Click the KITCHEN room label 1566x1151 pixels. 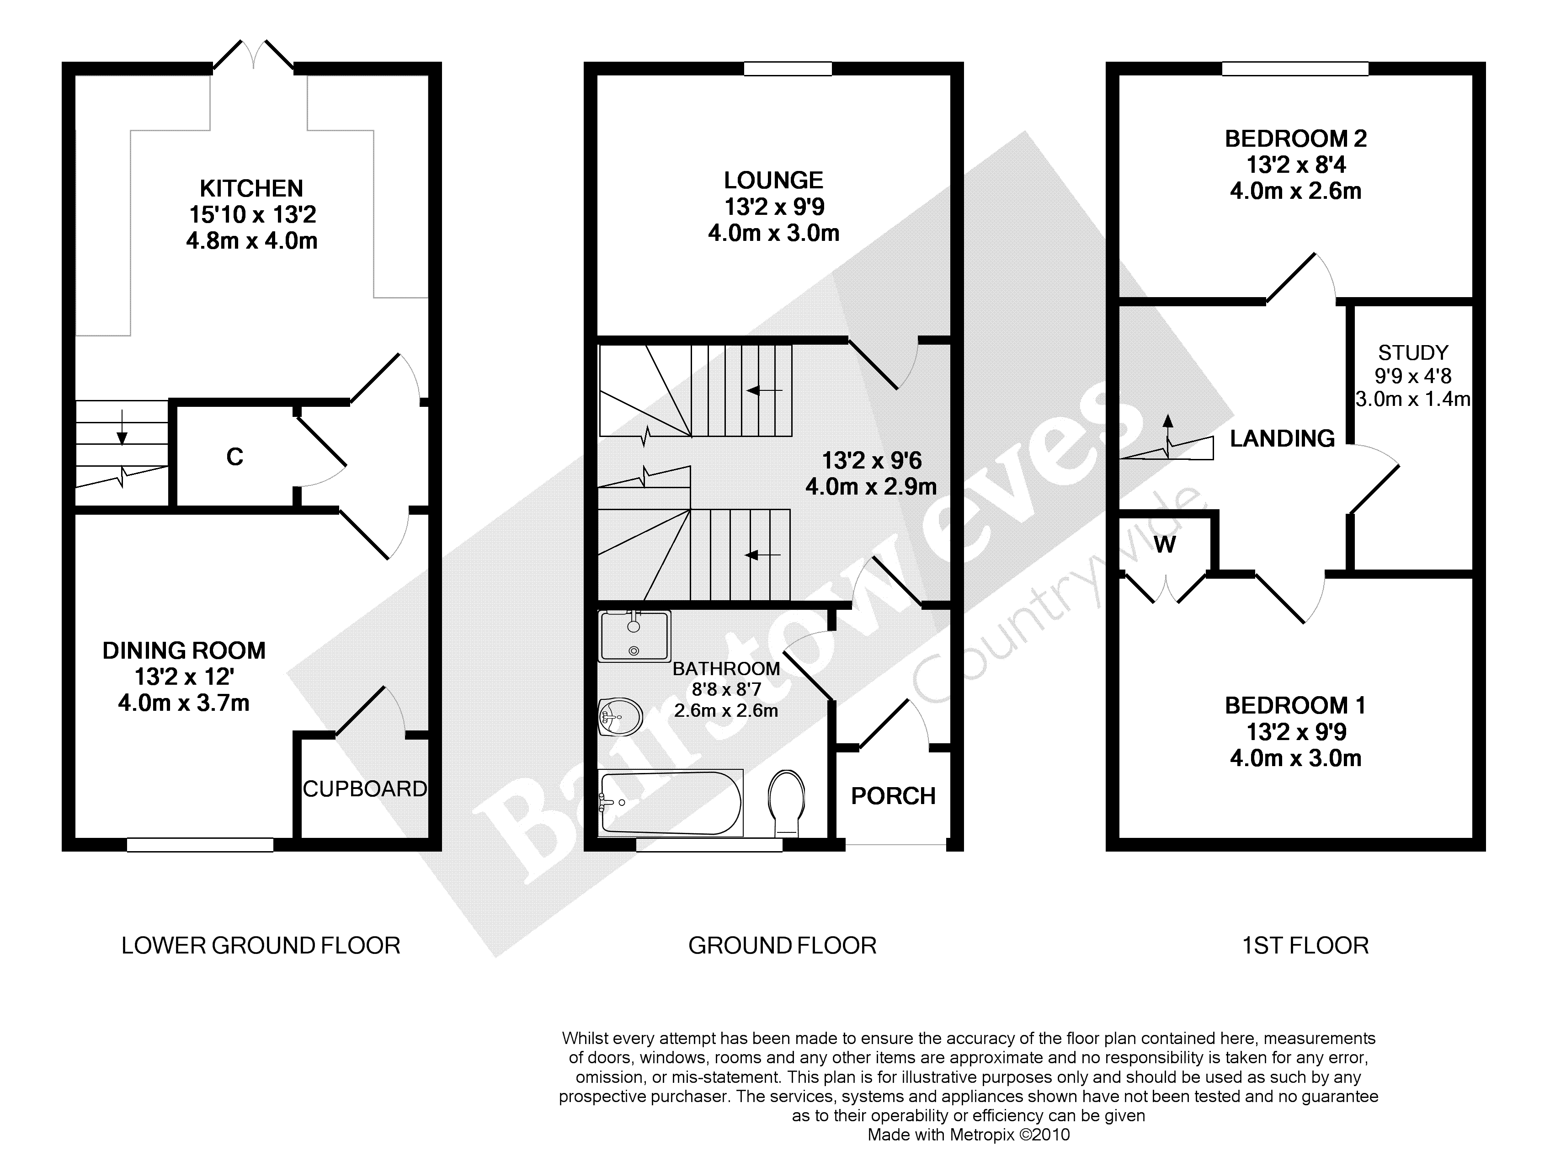(251, 188)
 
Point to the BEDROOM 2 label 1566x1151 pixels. (1296, 139)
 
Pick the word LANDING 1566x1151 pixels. (1283, 438)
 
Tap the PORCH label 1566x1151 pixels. (893, 796)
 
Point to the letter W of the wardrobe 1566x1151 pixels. (1165, 544)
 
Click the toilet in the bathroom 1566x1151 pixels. (787, 803)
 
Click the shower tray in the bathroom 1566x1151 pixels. (634, 635)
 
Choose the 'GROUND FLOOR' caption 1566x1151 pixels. (782, 945)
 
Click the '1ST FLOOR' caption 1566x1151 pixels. (1305, 945)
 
